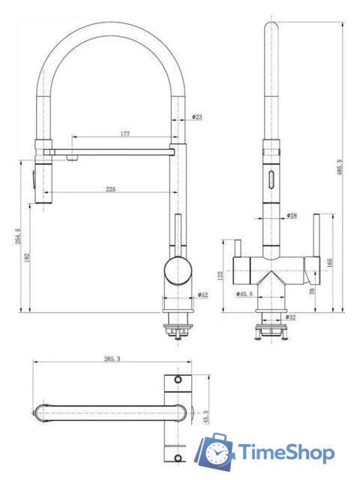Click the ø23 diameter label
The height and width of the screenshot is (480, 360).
(197, 117)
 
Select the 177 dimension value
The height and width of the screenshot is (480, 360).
(125, 133)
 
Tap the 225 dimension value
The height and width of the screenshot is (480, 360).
(111, 189)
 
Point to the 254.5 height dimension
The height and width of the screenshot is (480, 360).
(18, 236)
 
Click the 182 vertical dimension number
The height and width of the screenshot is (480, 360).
(27, 257)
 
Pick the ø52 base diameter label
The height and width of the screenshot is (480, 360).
(202, 295)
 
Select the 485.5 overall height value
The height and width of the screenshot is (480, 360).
(340, 167)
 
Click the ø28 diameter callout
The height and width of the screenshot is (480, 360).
(292, 215)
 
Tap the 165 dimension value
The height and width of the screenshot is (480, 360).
(330, 263)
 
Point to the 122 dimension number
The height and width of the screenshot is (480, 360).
(220, 275)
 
